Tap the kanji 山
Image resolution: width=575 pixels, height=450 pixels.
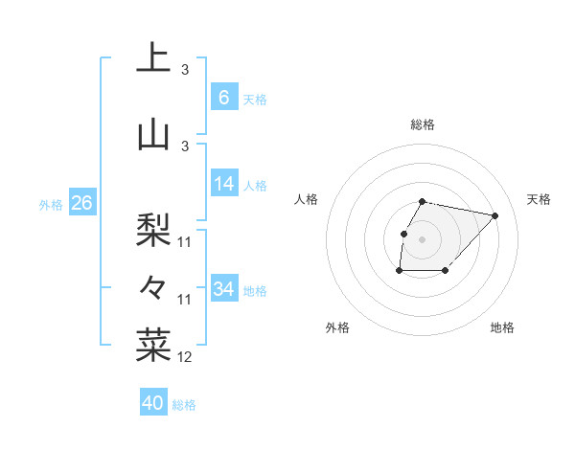click(x=153, y=134)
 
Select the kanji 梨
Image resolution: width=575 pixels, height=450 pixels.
click(x=153, y=229)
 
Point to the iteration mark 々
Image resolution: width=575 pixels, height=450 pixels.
click(x=153, y=286)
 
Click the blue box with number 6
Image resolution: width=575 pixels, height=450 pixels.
click(x=223, y=98)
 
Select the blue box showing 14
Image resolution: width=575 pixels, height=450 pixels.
click(x=223, y=184)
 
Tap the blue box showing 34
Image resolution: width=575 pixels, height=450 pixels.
click(x=223, y=288)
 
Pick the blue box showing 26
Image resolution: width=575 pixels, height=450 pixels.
click(x=81, y=203)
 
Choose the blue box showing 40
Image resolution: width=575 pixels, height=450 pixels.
click(x=153, y=403)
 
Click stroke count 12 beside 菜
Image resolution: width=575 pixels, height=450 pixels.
click(x=185, y=357)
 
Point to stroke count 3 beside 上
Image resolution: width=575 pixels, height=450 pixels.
click(x=185, y=70)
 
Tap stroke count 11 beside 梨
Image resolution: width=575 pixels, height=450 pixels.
click(x=185, y=242)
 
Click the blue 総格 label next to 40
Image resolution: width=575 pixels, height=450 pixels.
click(x=184, y=405)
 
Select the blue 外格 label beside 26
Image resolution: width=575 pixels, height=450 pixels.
click(x=51, y=204)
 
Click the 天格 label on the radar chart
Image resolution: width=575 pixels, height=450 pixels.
click(x=540, y=199)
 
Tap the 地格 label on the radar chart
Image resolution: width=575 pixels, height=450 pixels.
click(x=502, y=327)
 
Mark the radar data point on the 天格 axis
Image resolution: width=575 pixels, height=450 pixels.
click(x=494, y=215)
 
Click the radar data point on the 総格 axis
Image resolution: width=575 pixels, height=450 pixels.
click(x=423, y=201)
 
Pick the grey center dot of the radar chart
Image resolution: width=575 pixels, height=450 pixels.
click(x=423, y=238)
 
